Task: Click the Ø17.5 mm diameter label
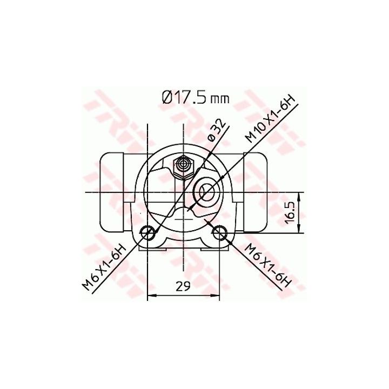pyautogui.click(x=196, y=97)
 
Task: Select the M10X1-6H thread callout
pyautogui.click(x=270, y=119)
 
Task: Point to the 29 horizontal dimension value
pyautogui.click(x=183, y=286)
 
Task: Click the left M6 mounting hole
pyautogui.click(x=148, y=233)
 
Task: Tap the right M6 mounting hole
pyautogui.click(x=220, y=233)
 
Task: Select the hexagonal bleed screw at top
pyautogui.click(x=184, y=166)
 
